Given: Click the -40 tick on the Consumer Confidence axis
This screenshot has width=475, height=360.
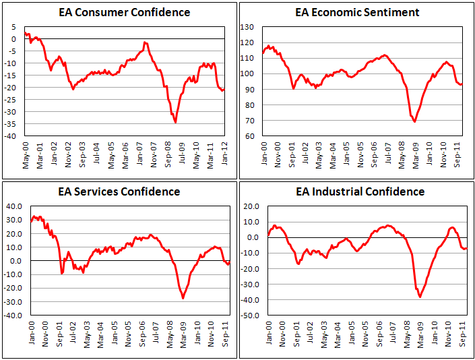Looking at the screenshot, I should click(12, 136).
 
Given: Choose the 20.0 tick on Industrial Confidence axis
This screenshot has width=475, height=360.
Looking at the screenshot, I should click(251, 206).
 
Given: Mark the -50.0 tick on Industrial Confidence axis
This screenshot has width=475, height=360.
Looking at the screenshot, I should click(250, 315).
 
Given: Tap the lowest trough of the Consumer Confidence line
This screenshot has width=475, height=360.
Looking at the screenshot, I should click(175, 122).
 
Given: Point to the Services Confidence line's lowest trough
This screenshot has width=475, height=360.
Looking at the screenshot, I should click(183, 298).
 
